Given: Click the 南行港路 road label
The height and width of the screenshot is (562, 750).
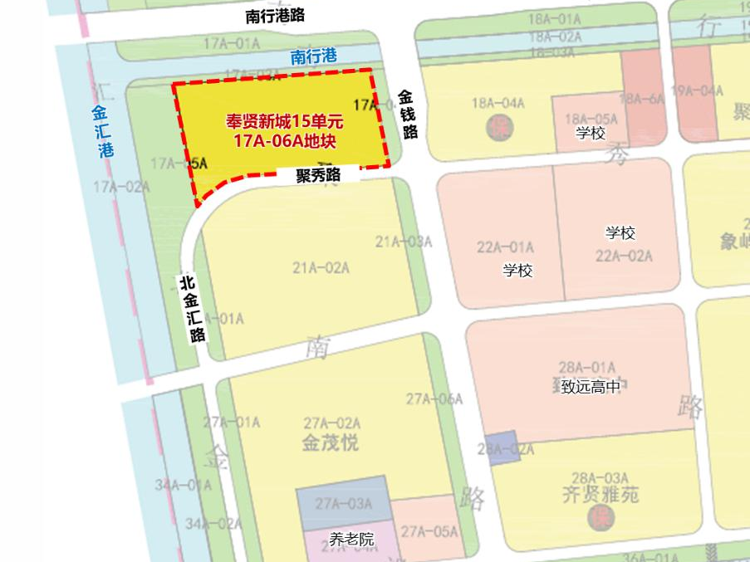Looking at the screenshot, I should click(x=275, y=16).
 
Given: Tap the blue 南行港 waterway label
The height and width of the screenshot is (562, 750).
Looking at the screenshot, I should click(x=313, y=57).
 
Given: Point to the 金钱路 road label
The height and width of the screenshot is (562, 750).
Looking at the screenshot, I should click(x=407, y=114).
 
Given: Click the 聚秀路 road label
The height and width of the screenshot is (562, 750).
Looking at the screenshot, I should click(x=319, y=175).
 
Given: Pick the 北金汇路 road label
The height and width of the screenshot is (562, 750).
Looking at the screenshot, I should click(x=193, y=309).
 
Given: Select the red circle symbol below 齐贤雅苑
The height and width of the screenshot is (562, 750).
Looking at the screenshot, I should click(x=600, y=517).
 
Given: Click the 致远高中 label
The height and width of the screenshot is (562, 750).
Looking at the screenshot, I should click(x=590, y=386).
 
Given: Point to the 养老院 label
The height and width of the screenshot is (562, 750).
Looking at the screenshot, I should click(x=351, y=540).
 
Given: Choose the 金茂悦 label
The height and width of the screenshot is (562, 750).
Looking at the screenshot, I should click(x=331, y=443).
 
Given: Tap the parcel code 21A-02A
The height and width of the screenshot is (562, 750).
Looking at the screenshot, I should click(x=321, y=267).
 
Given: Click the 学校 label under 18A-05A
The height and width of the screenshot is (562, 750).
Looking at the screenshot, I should click(x=591, y=134).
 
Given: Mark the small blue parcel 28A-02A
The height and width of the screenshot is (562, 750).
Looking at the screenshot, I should click(x=502, y=446).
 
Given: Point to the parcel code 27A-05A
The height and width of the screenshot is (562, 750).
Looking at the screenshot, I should click(x=429, y=531).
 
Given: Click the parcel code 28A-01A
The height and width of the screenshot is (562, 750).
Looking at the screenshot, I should click(x=587, y=367).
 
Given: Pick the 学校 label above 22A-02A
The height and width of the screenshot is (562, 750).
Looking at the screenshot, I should click(x=620, y=233).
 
